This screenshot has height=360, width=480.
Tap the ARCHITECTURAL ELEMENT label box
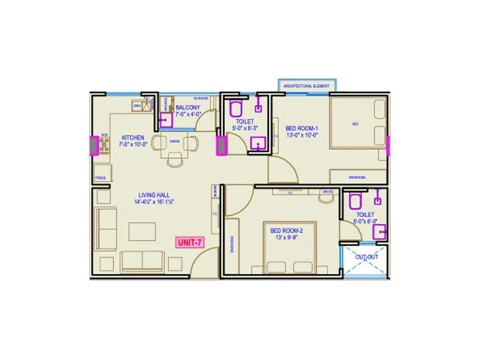(x=306, y=86)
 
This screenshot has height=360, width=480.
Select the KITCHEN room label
(x=132, y=137)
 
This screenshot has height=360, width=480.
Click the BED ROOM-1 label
(x=301, y=128)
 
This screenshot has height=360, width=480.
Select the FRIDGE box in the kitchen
(x=101, y=178)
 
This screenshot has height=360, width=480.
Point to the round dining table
(x=175, y=144)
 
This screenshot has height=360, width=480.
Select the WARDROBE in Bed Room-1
(x=358, y=177)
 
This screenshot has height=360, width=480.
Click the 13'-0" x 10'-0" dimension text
(x=301, y=135)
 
